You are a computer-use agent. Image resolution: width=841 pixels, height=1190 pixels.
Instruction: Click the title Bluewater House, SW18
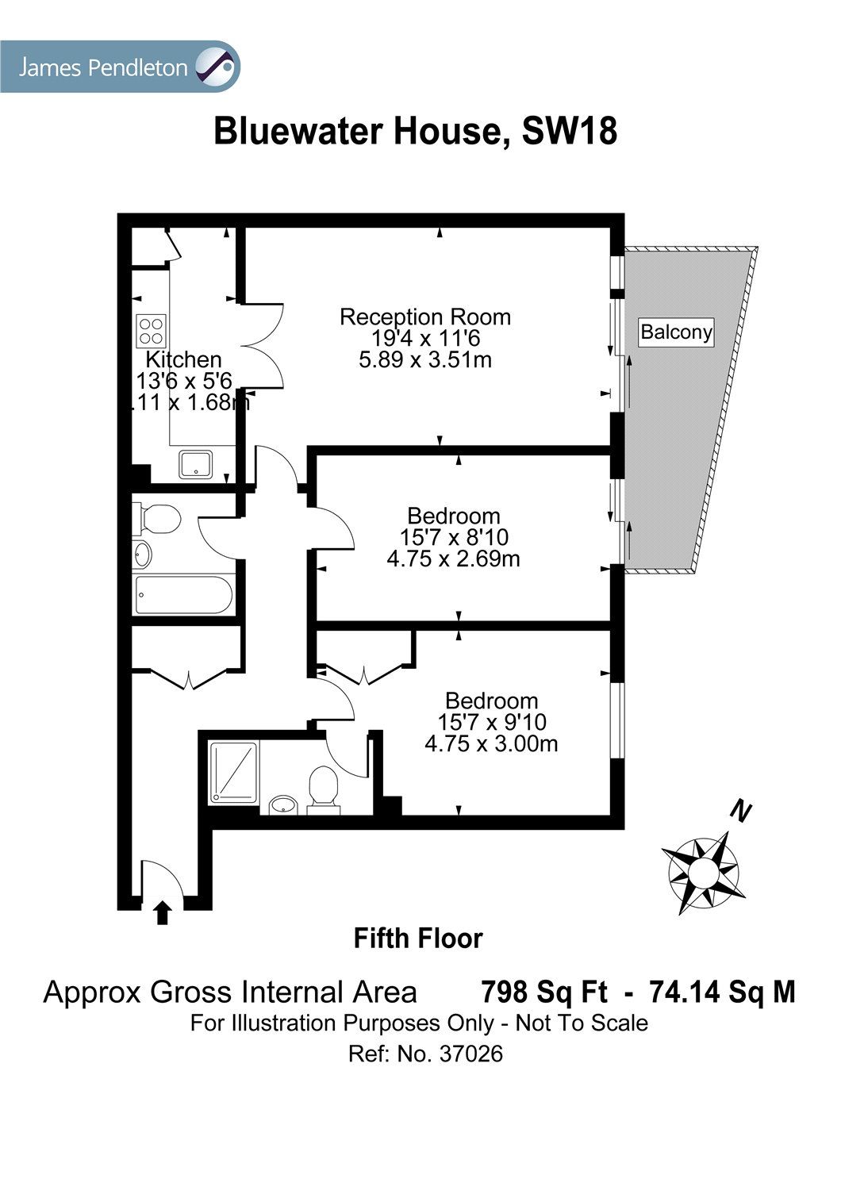415,131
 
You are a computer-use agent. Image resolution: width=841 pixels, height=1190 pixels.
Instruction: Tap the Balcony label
676,332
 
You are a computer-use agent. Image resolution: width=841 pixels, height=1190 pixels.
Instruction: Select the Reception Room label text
425,317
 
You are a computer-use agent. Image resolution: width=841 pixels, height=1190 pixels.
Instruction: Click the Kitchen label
183,360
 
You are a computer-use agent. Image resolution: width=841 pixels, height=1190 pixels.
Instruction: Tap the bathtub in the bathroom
182,595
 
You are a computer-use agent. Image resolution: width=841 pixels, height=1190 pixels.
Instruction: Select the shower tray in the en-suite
233,773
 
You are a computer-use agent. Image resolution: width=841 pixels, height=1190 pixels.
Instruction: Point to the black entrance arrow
162,912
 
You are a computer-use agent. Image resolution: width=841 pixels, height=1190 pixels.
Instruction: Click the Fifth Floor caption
417,939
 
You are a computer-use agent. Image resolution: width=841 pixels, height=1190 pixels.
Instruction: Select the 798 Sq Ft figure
544,992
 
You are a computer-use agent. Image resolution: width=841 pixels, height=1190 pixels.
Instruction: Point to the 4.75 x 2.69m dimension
453,559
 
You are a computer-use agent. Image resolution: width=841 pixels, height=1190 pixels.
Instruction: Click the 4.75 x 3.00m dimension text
491,744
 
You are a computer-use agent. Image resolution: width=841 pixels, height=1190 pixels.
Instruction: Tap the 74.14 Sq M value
722,992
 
